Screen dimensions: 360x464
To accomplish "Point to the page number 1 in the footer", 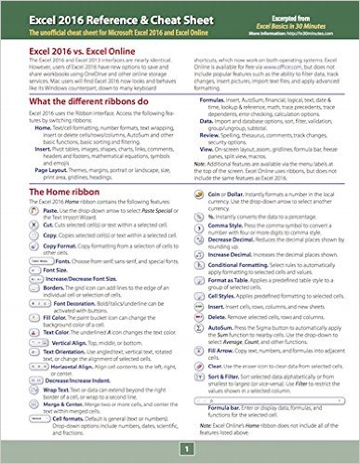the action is [184, 449].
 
